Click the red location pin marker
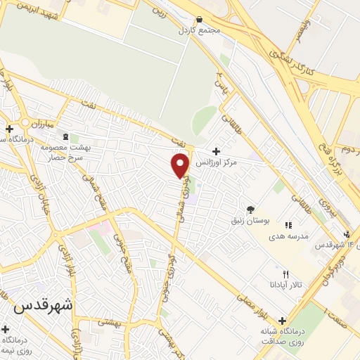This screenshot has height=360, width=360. point(180,165)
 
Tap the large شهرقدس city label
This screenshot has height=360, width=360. point(43,306)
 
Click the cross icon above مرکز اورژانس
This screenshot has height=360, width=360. point(216,151)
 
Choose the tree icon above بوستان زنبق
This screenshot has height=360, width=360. point(250,209)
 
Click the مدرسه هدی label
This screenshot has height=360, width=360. point(288,236)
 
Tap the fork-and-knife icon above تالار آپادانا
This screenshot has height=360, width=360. point(285,274)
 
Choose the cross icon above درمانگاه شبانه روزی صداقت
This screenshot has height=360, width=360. point(282,321)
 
